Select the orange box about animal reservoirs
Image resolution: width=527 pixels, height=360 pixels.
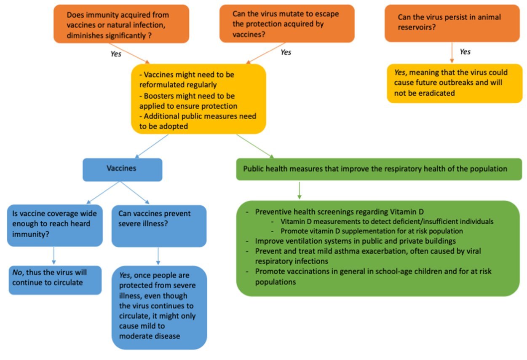pyautogui.click(x=452, y=23)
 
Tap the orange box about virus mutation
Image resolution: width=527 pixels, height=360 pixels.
pyautogui.click(x=286, y=24)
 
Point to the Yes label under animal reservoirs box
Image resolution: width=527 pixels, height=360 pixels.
pyautogui.click(x=465, y=52)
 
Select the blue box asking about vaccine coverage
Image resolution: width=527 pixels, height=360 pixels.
pyautogui.click(x=55, y=225)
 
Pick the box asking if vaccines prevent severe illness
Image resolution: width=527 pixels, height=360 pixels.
pyautogui.click(x=159, y=226)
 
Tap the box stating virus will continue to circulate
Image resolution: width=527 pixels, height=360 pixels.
pyautogui.click(x=55, y=280)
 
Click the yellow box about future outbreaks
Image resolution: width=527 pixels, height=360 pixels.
pyautogui.click(x=454, y=83)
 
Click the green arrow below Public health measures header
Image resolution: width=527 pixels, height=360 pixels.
pyautogui.click(x=299, y=190)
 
